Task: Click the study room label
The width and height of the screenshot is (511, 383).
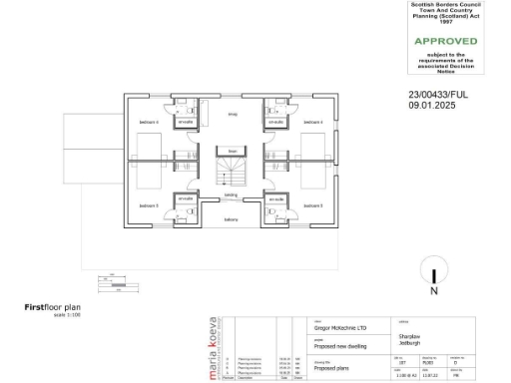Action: click(232, 115)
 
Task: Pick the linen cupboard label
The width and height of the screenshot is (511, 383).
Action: click(232, 151)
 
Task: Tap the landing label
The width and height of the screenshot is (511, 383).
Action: click(231, 195)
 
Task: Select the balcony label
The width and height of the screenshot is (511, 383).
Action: click(231, 219)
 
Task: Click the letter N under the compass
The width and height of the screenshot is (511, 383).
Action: click(434, 292)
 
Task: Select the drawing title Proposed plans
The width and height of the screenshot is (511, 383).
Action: click(335, 368)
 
